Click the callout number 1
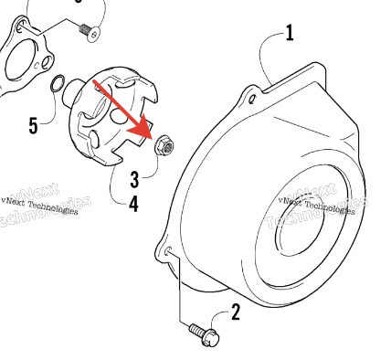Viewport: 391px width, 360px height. pos(290,33)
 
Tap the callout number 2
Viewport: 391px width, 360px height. pos(236,312)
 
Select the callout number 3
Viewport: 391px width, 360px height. pos(134,180)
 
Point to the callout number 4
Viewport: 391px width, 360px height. pos(133,204)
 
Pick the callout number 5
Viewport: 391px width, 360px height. pos(34,125)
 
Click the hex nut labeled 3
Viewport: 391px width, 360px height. pos(164,145)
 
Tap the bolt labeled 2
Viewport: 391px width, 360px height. pos(204,334)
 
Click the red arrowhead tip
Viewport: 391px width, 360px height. pos(152,139)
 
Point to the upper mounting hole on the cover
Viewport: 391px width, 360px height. pos(252,100)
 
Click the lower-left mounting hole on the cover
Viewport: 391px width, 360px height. pos(168,250)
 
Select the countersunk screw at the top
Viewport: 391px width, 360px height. pos(90,31)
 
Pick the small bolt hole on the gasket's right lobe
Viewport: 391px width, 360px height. pos(47,62)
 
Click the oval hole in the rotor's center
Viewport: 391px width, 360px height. pos(117,116)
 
